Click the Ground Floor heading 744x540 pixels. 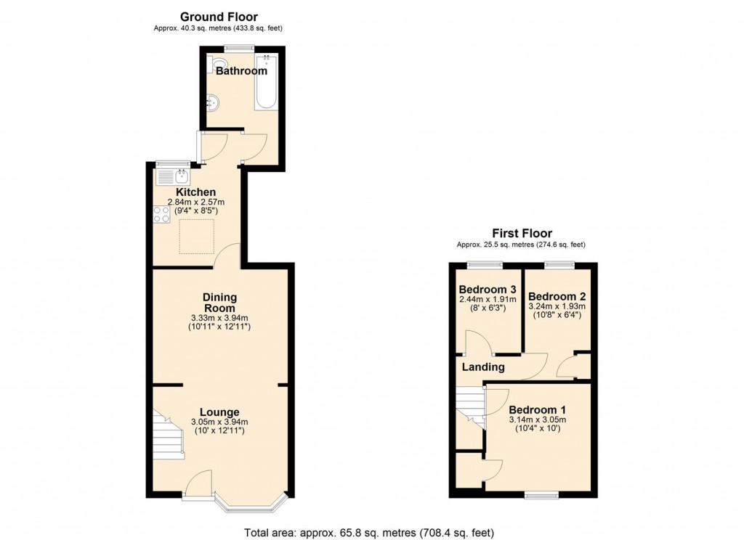[x=218, y=17]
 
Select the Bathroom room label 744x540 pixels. [x=241, y=71]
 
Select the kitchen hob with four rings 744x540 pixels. [x=161, y=214]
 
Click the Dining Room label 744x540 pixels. [x=219, y=303]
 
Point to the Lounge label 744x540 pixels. [x=219, y=412]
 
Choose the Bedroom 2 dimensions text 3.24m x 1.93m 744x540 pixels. [x=556, y=307]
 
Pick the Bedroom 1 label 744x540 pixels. [x=538, y=409]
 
